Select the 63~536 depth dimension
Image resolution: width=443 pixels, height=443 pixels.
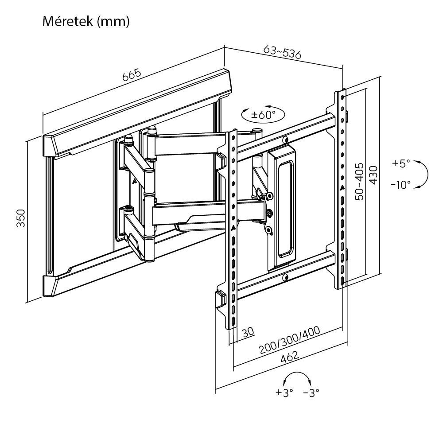(282, 52)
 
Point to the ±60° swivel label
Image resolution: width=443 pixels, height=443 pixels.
(263, 115)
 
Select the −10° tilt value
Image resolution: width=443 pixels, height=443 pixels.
(400, 184)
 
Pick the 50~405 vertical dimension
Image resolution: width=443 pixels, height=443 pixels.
(359, 182)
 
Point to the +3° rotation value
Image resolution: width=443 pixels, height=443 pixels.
(284, 392)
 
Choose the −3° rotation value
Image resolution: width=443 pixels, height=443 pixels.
(311, 392)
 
